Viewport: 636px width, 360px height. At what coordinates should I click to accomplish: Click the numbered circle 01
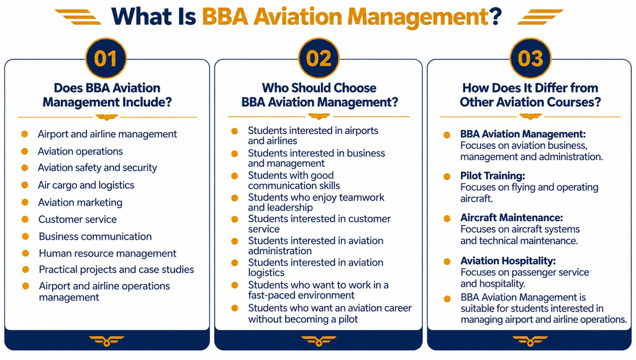pyautogui.click(x=106, y=58)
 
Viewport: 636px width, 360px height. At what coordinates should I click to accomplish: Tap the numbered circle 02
pyautogui.click(x=319, y=58)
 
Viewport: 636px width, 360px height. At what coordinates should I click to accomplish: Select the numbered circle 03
pyautogui.click(x=530, y=58)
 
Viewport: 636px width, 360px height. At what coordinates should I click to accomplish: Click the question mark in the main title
pyautogui.click(x=496, y=17)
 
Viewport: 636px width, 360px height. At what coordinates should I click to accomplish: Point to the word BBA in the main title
pyautogui.click(x=225, y=17)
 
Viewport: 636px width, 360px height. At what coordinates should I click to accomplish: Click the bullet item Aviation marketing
pyautogui.click(x=80, y=202)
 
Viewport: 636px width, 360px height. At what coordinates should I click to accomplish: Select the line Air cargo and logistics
pyautogui.click(x=86, y=185)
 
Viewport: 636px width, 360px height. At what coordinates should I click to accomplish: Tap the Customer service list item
pyautogui.click(x=78, y=219)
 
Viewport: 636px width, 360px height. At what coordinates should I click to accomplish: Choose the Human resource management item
pyautogui.click(x=107, y=253)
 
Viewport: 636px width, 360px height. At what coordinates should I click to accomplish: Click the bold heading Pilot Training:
pyautogui.click(x=493, y=176)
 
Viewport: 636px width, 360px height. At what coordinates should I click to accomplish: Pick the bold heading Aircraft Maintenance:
pyautogui.click(x=512, y=218)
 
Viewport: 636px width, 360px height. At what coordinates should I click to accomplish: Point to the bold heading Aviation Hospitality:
pyautogui.click(x=508, y=261)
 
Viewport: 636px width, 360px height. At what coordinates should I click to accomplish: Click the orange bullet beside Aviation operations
pyautogui.click(x=25, y=151)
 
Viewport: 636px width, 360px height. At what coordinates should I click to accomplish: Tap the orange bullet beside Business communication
pyautogui.click(x=25, y=236)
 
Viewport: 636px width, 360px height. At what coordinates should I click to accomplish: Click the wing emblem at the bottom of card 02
pyautogui.click(x=319, y=341)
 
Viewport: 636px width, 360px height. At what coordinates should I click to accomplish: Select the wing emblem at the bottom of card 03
pyautogui.click(x=530, y=341)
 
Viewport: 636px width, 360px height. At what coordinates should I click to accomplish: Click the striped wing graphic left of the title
pyautogui.click(x=78, y=17)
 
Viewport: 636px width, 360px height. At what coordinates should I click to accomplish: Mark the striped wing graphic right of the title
pyautogui.click(x=540, y=17)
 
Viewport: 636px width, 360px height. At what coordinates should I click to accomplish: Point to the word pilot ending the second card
pyautogui.click(x=348, y=320)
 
